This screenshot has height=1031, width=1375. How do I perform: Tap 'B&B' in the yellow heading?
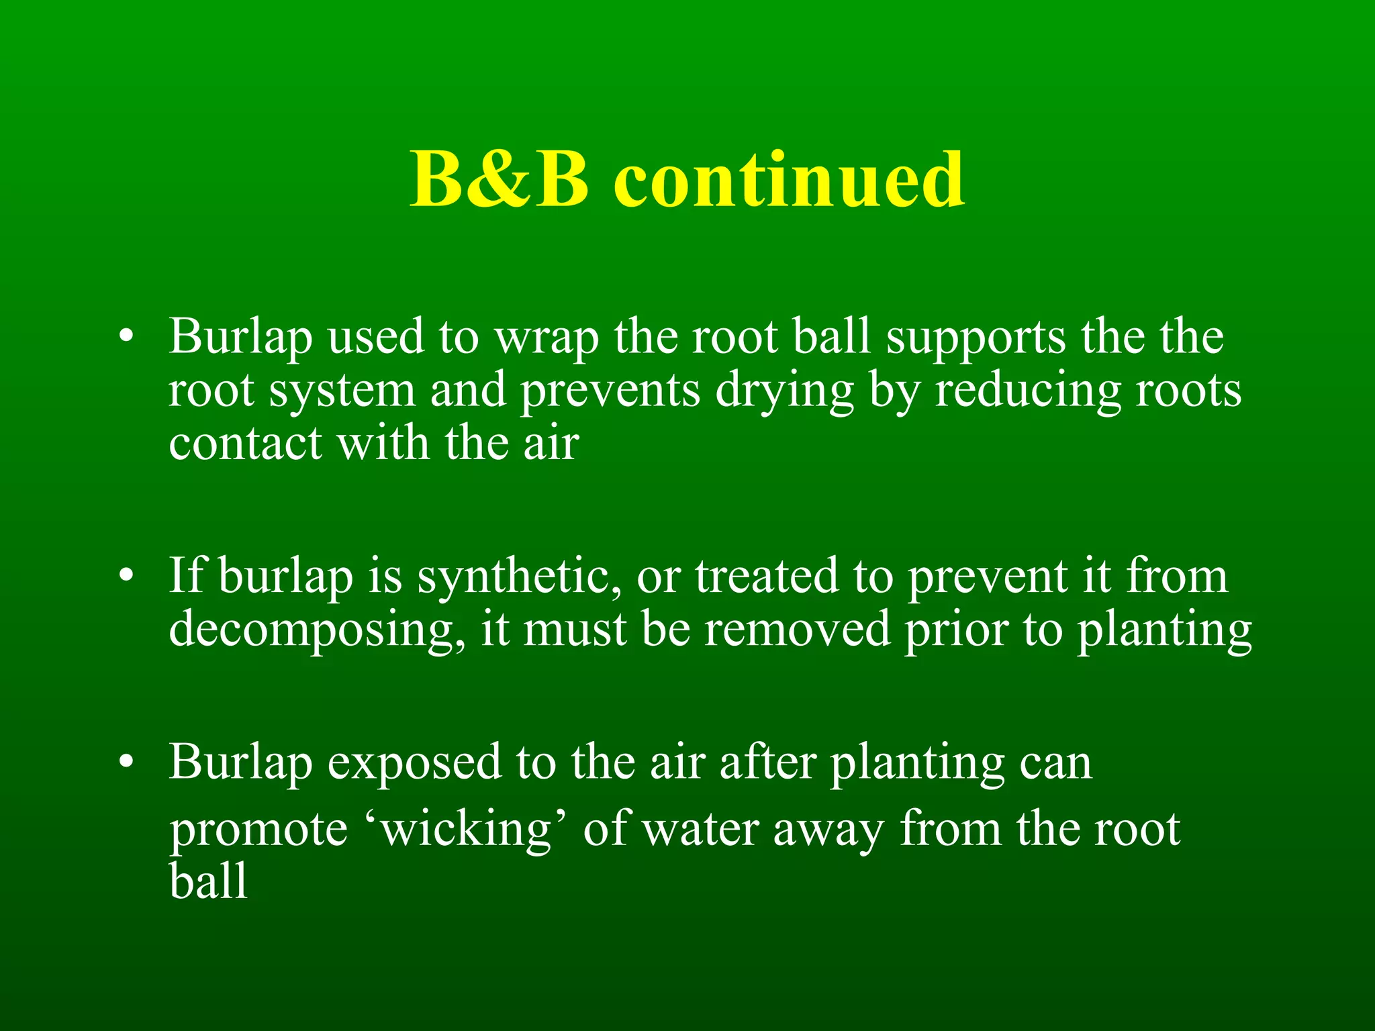pyautogui.click(x=500, y=180)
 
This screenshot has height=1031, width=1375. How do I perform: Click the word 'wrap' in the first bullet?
pyautogui.click(x=547, y=338)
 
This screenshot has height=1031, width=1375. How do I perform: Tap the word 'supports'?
pyautogui.click(x=976, y=338)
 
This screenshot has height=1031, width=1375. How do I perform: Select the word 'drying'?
pyautogui.click(x=784, y=392)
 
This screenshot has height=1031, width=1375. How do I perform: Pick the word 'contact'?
pyautogui.click(x=246, y=443)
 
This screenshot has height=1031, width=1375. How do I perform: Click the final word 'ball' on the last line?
pyautogui.click(x=208, y=881)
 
